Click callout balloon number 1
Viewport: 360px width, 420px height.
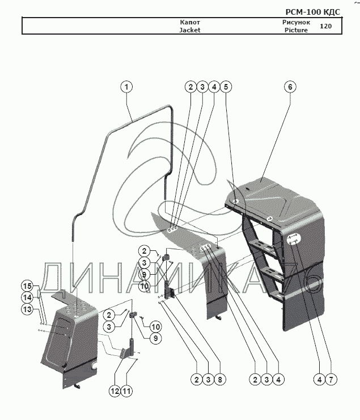click(x=126, y=87)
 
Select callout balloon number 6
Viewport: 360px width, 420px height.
click(x=290, y=87)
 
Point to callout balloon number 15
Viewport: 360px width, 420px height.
click(x=27, y=285)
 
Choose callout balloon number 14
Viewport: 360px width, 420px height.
click(x=27, y=297)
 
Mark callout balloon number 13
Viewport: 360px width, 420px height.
click(x=27, y=309)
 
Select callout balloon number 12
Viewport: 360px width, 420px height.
click(x=116, y=390)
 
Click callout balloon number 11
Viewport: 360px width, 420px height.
click(x=127, y=390)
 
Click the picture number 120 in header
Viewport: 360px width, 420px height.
click(x=325, y=27)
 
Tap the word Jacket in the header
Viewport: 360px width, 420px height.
click(x=190, y=31)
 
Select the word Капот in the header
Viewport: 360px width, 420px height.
click(x=190, y=23)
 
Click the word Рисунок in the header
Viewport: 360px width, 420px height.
click(x=296, y=23)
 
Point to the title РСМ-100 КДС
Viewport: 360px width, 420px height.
click(x=312, y=11)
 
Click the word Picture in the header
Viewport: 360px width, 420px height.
click(x=296, y=31)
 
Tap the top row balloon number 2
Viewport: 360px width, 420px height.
click(x=190, y=87)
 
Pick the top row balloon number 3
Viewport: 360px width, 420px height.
click(x=202, y=87)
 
